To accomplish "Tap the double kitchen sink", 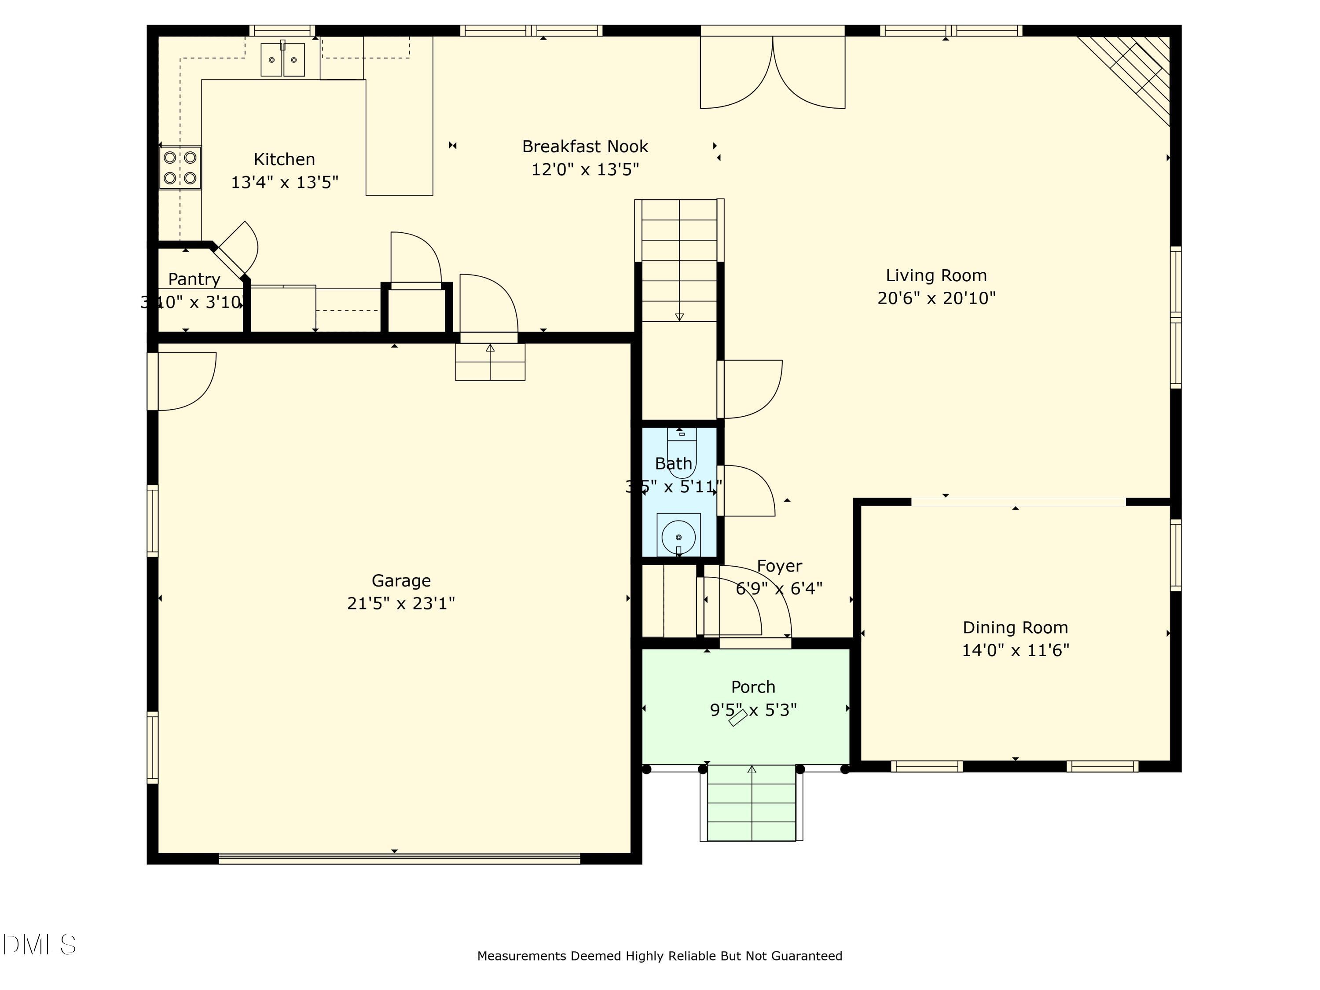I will click(282, 59).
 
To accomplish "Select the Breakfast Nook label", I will click(585, 146).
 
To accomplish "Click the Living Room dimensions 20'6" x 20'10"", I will click(936, 298).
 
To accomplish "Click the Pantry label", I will click(194, 279).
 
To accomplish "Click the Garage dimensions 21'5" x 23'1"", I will click(401, 603).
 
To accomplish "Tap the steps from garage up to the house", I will click(490, 362).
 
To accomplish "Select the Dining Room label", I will click(1015, 627).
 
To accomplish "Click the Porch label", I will click(753, 687).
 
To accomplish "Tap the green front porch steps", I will click(752, 803).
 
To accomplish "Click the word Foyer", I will click(779, 566).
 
